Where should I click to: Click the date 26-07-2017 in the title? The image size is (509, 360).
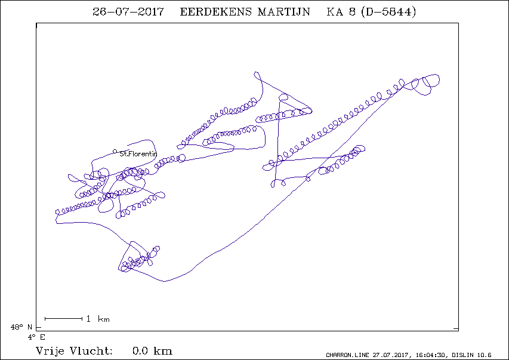click(128, 12)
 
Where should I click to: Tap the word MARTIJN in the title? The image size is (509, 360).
click(284, 12)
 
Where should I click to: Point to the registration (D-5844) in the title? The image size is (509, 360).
click(388, 12)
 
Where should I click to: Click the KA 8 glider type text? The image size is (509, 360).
click(341, 12)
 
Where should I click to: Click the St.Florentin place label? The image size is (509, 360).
click(138, 153)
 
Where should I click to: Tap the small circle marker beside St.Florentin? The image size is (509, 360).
click(115, 152)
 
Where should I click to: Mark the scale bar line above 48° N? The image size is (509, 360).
click(64, 319)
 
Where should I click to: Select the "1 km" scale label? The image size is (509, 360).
click(98, 319)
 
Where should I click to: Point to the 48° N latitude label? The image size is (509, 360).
click(21, 327)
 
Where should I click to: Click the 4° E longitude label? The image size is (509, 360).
click(36, 337)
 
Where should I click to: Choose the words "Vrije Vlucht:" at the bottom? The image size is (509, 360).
click(75, 351)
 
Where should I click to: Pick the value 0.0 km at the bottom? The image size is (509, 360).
click(153, 351)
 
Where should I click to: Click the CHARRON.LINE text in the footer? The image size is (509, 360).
click(347, 355)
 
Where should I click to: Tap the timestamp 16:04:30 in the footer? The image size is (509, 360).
click(431, 355)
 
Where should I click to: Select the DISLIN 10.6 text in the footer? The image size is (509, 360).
click(471, 355)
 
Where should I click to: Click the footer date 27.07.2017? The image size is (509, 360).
click(392, 355)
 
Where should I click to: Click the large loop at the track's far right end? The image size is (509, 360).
click(439, 79)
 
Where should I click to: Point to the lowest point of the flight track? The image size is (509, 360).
click(165, 281)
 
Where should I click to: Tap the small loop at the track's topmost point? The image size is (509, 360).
click(257, 72)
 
